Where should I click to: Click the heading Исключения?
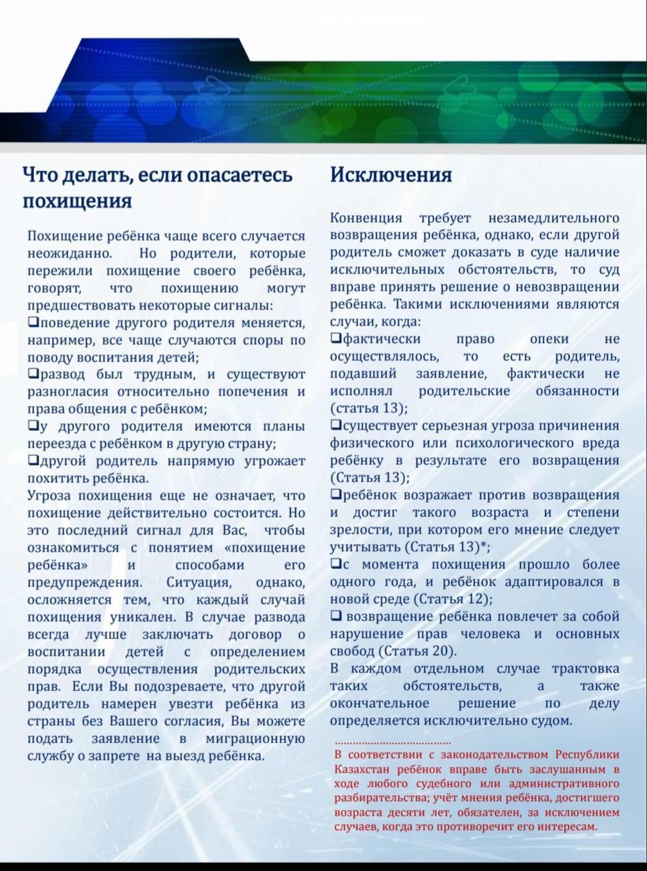(x=391, y=175)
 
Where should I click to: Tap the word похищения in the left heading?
(x=77, y=201)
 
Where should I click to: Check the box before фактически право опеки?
(x=336, y=338)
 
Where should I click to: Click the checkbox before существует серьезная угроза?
(x=336, y=425)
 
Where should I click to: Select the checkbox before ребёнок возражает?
(x=336, y=494)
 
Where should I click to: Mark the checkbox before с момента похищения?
(x=336, y=563)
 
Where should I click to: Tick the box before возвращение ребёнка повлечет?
(x=336, y=615)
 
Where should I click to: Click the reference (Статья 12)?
(x=452, y=599)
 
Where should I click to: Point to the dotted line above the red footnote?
(x=393, y=743)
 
